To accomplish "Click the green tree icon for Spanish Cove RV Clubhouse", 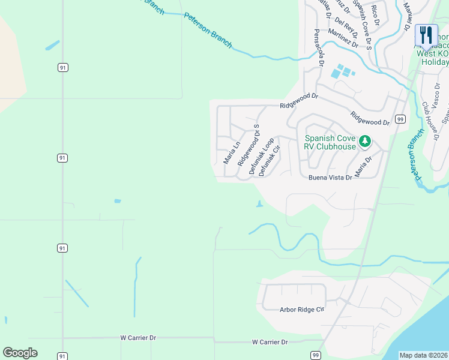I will [364, 142].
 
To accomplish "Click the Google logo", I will [20, 353].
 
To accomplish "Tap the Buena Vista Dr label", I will [330, 178].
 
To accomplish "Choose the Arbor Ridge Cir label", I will [302, 310].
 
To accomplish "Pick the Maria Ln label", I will [232, 152].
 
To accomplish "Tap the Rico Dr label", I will [375, 14].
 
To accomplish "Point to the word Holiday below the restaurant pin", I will [435, 62].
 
